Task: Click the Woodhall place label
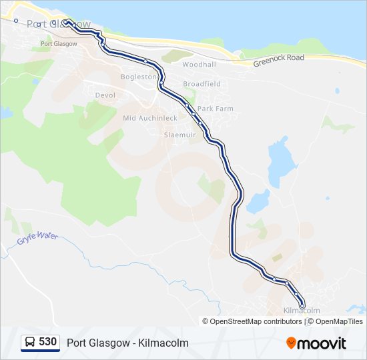(199, 65)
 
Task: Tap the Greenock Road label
(278, 58)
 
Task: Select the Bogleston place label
(137, 77)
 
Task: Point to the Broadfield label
(202, 84)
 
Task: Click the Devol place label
(105, 95)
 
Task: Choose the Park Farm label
(215, 108)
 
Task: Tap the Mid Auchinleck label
(150, 118)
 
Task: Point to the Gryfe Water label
(38, 236)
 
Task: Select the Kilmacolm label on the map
(302, 311)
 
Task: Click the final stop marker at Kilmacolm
(302, 305)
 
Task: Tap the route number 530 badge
(47, 342)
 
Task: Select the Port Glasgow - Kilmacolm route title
(127, 343)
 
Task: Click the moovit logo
(316, 343)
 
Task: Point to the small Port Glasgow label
(59, 43)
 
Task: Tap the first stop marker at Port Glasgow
(66, 22)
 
